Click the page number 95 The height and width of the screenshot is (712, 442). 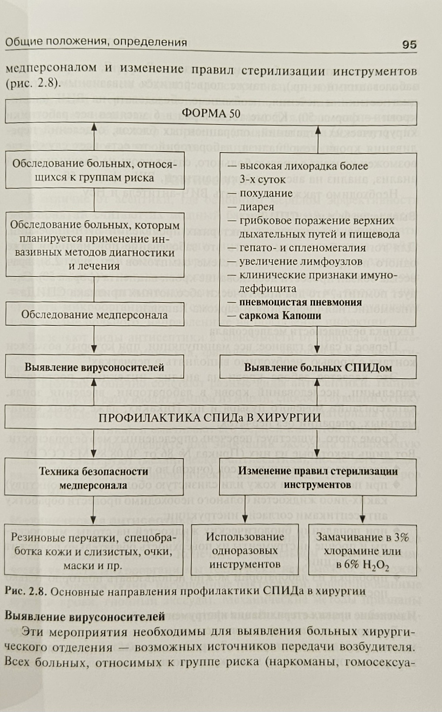[409, 45]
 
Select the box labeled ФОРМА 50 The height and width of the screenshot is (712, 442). [211, 113]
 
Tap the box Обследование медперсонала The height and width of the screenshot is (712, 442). [94, 315]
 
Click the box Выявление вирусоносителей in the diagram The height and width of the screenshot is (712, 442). [94, 367]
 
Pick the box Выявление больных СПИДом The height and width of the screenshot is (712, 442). [318, 367]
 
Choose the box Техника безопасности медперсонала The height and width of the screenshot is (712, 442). [94, 478]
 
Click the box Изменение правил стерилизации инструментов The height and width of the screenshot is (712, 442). [318, 478]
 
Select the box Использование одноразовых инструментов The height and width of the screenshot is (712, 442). [245, 550]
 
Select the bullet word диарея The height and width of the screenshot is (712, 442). [257, 207]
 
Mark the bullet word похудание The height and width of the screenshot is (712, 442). [266, 193]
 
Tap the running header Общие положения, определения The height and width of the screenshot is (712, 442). [96, 42]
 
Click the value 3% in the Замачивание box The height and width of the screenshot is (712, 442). [401, 537]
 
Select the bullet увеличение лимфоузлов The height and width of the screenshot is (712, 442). [301, 261]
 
